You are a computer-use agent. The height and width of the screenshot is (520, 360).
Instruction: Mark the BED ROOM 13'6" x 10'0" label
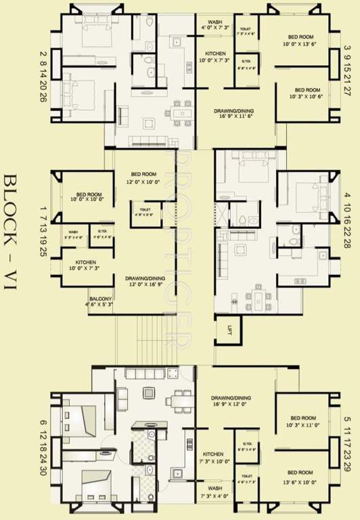point(299,475)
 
